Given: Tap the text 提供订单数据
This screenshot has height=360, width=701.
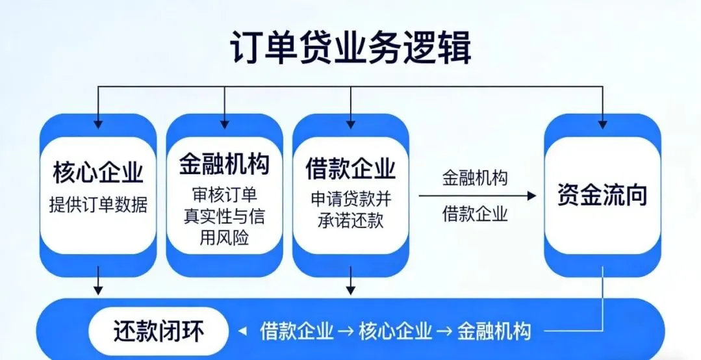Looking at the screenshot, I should click(98, 205).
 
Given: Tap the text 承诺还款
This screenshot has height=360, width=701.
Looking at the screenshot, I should click(351, 220).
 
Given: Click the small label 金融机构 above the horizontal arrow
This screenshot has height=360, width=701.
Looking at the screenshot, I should click(475, 177).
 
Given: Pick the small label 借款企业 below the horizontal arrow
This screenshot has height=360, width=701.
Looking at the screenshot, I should click(475, 214).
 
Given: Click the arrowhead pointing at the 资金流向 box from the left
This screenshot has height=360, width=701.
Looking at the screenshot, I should click(533, 196).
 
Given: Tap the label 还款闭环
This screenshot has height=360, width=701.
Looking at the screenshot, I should click(159, 331).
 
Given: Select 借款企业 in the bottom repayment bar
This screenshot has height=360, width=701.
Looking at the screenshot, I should click(297, 331).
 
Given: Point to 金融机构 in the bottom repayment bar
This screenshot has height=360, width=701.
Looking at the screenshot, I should click(493, 331).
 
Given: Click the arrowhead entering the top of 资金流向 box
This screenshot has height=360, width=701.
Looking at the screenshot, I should click(602, 122).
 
